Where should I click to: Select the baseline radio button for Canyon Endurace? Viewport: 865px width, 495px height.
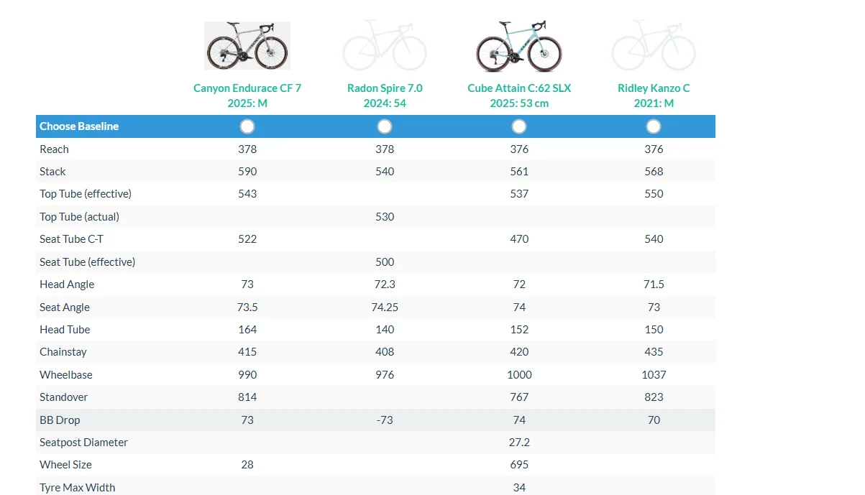(247, 126)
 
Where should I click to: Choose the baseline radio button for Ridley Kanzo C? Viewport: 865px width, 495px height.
(654, 126)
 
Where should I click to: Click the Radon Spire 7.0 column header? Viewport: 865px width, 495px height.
(385, 96)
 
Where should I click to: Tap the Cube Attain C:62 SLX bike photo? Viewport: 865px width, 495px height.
(519, 45)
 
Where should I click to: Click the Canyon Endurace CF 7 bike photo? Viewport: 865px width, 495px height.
(247, 45)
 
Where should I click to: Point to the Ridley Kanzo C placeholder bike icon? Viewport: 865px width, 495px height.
(654, 45)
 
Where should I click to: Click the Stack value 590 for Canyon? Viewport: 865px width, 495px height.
(247, 172)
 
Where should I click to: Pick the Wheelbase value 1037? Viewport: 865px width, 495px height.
(654, 375)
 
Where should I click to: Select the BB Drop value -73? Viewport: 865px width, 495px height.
(385, 420)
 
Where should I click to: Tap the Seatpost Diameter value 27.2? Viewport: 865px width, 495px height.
(519, 443)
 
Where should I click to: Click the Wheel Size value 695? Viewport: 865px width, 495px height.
(519, 465)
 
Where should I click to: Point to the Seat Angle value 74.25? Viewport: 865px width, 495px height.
(385, 307)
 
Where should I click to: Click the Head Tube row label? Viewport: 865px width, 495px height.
(65, 330)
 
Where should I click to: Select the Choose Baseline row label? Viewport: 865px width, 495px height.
(79, 126)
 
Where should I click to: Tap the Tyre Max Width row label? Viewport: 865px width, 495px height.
(78, 488)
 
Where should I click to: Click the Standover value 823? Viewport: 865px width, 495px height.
(654, 397)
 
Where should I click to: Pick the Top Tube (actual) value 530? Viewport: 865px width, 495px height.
(385, 217)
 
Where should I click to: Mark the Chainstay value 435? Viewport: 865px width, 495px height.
(654, 352)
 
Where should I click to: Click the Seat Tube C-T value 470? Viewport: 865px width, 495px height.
(519, 239)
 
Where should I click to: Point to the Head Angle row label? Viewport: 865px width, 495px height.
(67, 284)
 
